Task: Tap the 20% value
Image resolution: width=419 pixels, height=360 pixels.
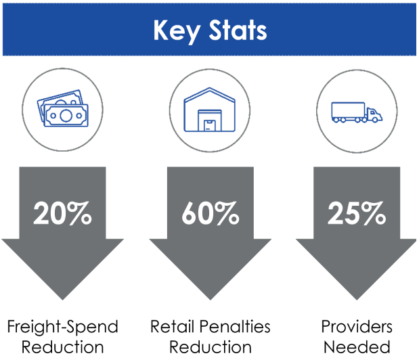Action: click(63, 213)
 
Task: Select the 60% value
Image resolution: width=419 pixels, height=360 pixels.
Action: click(210, 213)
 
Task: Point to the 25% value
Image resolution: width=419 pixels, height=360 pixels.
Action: click(356, 213)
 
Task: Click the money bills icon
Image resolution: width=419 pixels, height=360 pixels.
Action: click(62, 109)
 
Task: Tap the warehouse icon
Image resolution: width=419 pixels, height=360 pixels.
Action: click(209, 109)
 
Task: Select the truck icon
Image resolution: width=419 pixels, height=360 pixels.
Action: click(356, 112)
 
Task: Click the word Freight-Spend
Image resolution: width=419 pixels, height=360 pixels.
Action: click(63, 328)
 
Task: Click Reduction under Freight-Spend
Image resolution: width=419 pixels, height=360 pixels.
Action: click(63, 348)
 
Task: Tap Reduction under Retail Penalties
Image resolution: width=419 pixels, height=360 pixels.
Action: click(210, 348)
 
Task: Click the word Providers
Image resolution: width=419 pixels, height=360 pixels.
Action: click(357, 328)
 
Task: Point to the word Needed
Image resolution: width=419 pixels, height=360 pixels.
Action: click(357, 348)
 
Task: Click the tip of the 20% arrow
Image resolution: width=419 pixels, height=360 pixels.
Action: click(63, 298)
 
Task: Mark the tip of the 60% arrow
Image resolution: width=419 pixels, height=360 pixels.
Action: click(210, 298)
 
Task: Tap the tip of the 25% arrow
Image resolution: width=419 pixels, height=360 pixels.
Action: click(357, 298)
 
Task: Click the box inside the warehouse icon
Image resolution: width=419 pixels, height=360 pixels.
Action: click(210, 124)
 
